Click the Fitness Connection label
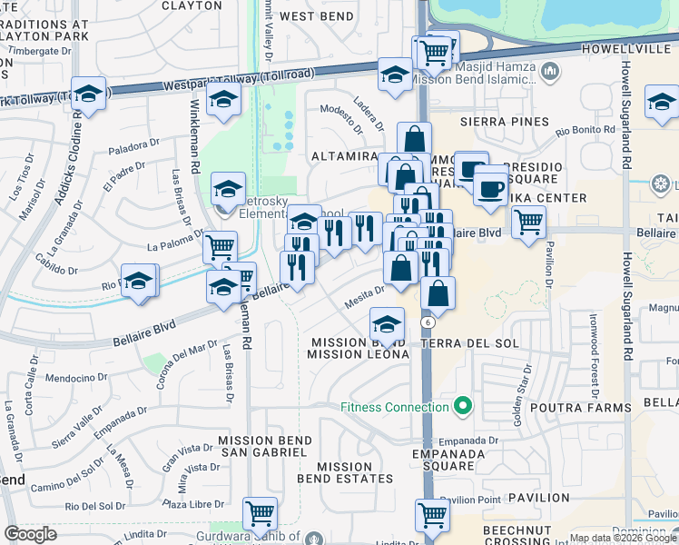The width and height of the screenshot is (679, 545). [396, 406]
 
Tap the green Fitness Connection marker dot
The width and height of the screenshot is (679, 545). [463, 405]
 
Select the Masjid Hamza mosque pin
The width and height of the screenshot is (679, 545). [549, 70]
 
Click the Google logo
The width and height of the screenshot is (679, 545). [31, 534]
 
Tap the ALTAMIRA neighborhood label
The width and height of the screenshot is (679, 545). [344, 156]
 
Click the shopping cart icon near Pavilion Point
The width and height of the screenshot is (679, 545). [432, 515]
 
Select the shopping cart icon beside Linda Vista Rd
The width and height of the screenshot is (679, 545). [260, 513]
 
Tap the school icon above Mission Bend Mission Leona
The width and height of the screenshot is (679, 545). [388, 323]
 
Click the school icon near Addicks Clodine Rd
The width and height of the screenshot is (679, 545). [90, 93]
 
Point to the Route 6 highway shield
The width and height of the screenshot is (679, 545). [426, 322]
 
